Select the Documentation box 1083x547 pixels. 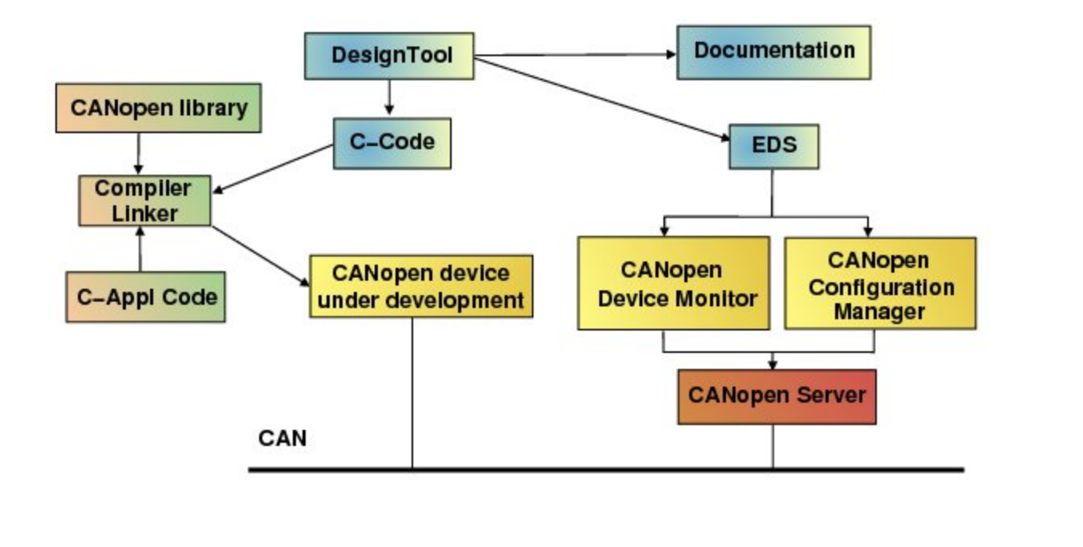click(x=773, y=52)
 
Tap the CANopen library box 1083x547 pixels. click(x=158, y=107)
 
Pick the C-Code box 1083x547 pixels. click(x=391, y=143)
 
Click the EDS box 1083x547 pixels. click(x=773, y=146)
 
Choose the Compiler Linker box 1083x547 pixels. click(x=144, y=201)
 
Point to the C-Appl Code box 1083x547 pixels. click(x=145, y=297)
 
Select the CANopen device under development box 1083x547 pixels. click(x=421, y=286)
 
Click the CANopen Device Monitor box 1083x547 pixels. click(x=673, y=283)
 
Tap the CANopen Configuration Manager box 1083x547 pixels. click(x=880, y=283)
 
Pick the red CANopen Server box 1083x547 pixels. click(x=777, y=396)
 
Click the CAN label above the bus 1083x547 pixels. click(x=282, y=439)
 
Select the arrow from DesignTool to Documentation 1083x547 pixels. click(x=575, y=55)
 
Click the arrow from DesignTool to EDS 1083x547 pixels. click(x=602, y=100)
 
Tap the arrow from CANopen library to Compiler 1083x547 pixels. click(x=139, y=153)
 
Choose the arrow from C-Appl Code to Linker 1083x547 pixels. click(x=140, y=249)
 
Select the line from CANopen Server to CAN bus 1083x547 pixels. click(x=773, y=446)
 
